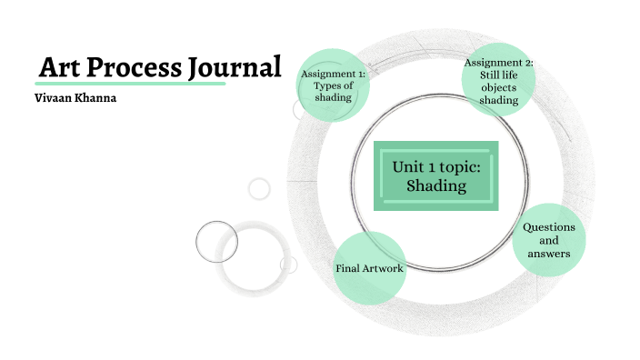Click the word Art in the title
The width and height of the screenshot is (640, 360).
click(x=62, y=67)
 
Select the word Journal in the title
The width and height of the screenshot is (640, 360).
click(x=235, y=67)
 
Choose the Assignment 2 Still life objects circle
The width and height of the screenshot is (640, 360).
click(x=498, y=81)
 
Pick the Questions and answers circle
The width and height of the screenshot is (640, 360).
click(x=548, y=240)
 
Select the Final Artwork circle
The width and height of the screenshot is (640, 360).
click(x=368, y=269)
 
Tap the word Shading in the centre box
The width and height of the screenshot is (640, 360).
click(x=436, y=186)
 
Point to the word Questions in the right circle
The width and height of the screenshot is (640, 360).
click(x=549, y=226)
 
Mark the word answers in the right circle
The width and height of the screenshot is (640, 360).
click(x=549, y=254)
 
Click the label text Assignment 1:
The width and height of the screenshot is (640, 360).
click(x=334, y=73)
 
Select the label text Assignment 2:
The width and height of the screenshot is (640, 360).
click(x=499, y=62)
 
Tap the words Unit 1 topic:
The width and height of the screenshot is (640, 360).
click(x=436, y=167)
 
